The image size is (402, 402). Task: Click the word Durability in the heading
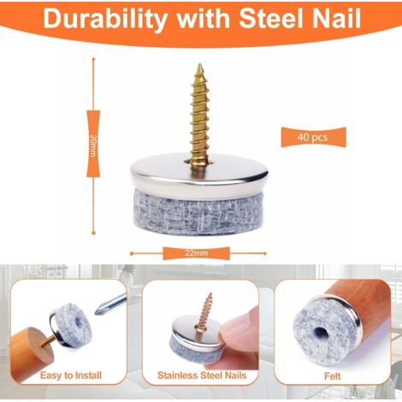(105, 19)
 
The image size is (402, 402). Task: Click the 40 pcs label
(313, 138)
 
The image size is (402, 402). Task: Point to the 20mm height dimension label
(93, 144)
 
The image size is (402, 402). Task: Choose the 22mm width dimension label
(196, 253)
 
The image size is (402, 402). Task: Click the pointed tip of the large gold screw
(200, 64)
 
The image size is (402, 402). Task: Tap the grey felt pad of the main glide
(199, 212)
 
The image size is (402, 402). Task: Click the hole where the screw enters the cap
(199, 163)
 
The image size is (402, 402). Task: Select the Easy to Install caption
(71, 375)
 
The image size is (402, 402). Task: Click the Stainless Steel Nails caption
(202, 375)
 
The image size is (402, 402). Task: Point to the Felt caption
(333, 376)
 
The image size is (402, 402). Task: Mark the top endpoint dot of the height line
(93, 59)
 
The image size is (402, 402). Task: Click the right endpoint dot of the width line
(265, 253)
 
